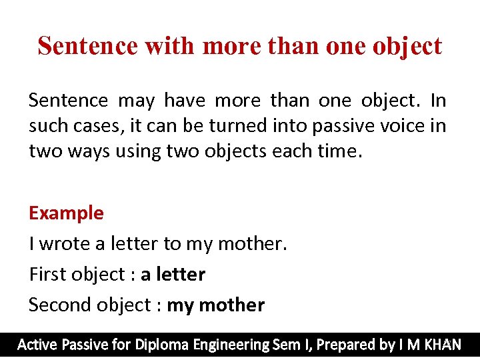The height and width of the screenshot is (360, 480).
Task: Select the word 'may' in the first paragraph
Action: coord(135,101)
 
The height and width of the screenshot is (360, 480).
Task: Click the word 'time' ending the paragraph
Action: coord(337,151)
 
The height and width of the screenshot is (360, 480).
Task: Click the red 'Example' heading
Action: coord(66,213)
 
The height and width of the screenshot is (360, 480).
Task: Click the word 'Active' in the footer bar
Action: coord(37,345)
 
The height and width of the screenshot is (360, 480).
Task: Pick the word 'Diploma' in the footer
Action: coord(162,345)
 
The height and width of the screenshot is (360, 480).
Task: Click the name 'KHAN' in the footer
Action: coord(442,345)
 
